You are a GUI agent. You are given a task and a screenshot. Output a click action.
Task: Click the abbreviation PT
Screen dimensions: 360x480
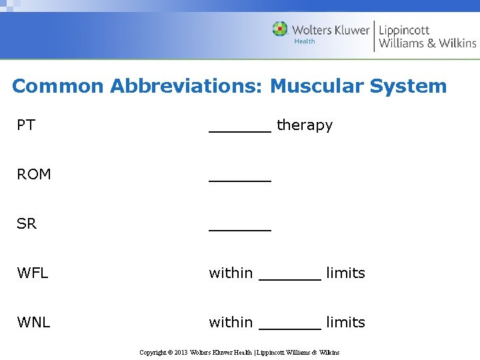[x=26, y=125]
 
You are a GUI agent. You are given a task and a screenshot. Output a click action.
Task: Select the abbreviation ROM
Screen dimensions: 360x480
[x=34, y=175]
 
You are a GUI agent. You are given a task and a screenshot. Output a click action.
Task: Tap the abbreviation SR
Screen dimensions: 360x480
[x=27, y=224]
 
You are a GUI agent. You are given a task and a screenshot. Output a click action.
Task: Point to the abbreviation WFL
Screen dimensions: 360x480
[x=33, y=273]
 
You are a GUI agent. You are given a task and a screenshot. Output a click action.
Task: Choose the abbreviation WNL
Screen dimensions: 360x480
[x=33, y=323]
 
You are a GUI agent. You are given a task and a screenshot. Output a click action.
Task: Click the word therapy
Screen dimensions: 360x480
[x=304, y=125]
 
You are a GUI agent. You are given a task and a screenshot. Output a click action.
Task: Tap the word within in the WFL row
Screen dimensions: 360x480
[x=231, y=273]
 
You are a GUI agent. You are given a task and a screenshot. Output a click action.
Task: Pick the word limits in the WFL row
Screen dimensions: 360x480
[x=345, y=273]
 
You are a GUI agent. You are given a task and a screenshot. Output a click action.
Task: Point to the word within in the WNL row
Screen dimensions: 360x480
[x=231, y=323]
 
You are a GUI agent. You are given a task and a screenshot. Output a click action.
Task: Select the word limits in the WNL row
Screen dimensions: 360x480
[x=345, y=323]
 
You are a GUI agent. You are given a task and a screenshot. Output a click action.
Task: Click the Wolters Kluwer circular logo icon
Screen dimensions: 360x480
[x=280, y=29]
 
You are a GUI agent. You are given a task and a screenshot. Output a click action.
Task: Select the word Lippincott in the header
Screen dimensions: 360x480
[x=404, y=29]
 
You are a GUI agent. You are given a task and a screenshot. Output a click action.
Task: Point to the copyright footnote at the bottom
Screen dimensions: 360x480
[x=239, y=352]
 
